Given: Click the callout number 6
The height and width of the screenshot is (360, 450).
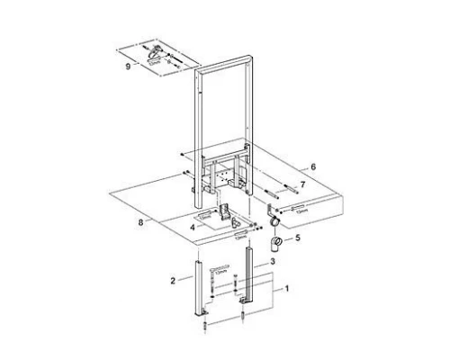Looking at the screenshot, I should click(314, 167).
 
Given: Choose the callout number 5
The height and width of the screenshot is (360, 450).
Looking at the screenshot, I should click(299, 239).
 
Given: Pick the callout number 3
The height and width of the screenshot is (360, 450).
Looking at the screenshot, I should click(271, 261).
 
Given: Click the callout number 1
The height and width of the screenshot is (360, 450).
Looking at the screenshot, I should click(287, 289).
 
